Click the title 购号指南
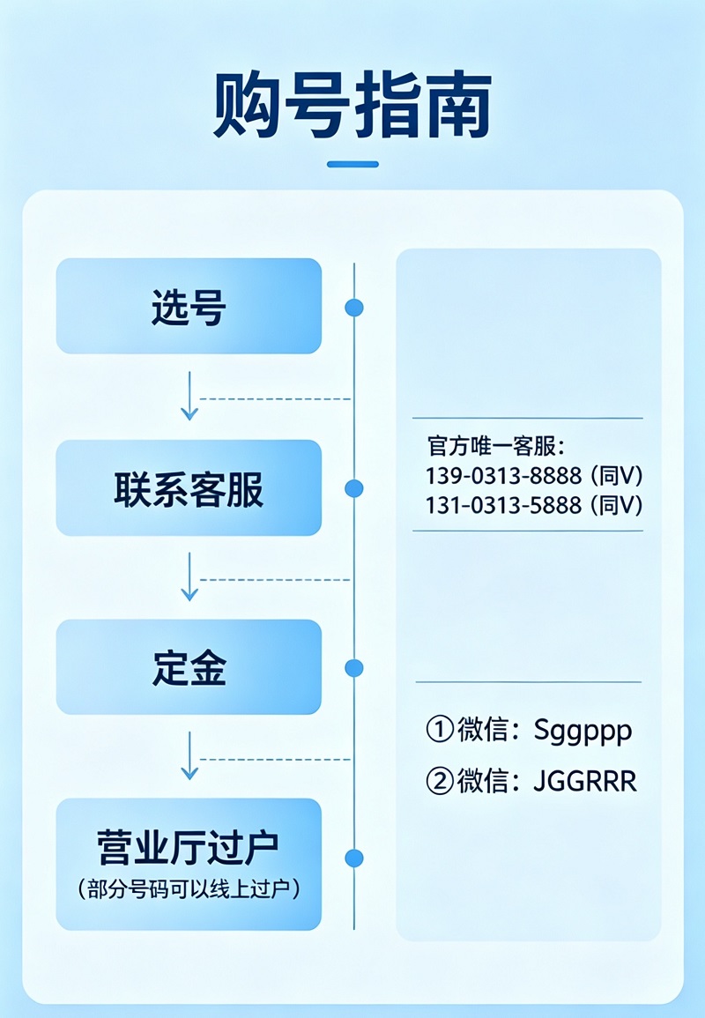tap(352, 106)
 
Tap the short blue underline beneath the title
tap(352, 164)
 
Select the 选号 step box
tap(189, 307)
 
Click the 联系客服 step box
tap(189, 488)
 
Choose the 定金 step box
tap(189, 667)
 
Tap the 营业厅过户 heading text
tap(189, 848)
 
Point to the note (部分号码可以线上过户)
tap(189, 888)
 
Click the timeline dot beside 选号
tap(354, 308)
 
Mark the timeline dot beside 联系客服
tap(354, 488)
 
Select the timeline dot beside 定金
tap(354, 668)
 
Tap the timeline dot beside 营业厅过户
tap(354, 858)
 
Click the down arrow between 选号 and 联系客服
tap(189, 397)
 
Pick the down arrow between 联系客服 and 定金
tap(189, 577)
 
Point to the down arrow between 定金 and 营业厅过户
tap(189, 756)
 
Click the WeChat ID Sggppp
tap(583, 730)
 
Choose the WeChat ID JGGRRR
tap(584, 782)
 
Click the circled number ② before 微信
tap(438, 782)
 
